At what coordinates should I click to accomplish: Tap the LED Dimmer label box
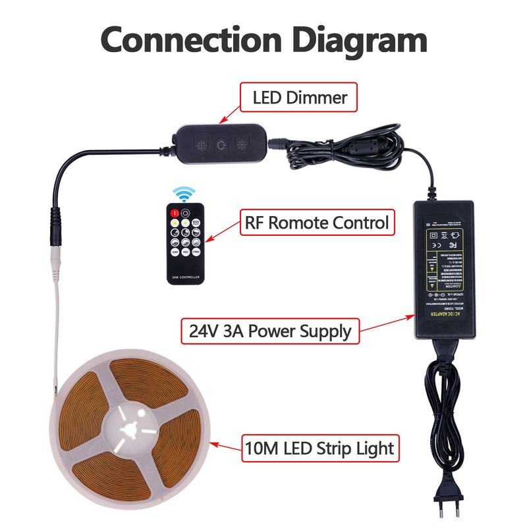(300, 98)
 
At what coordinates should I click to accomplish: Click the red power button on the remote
(175, 213)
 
